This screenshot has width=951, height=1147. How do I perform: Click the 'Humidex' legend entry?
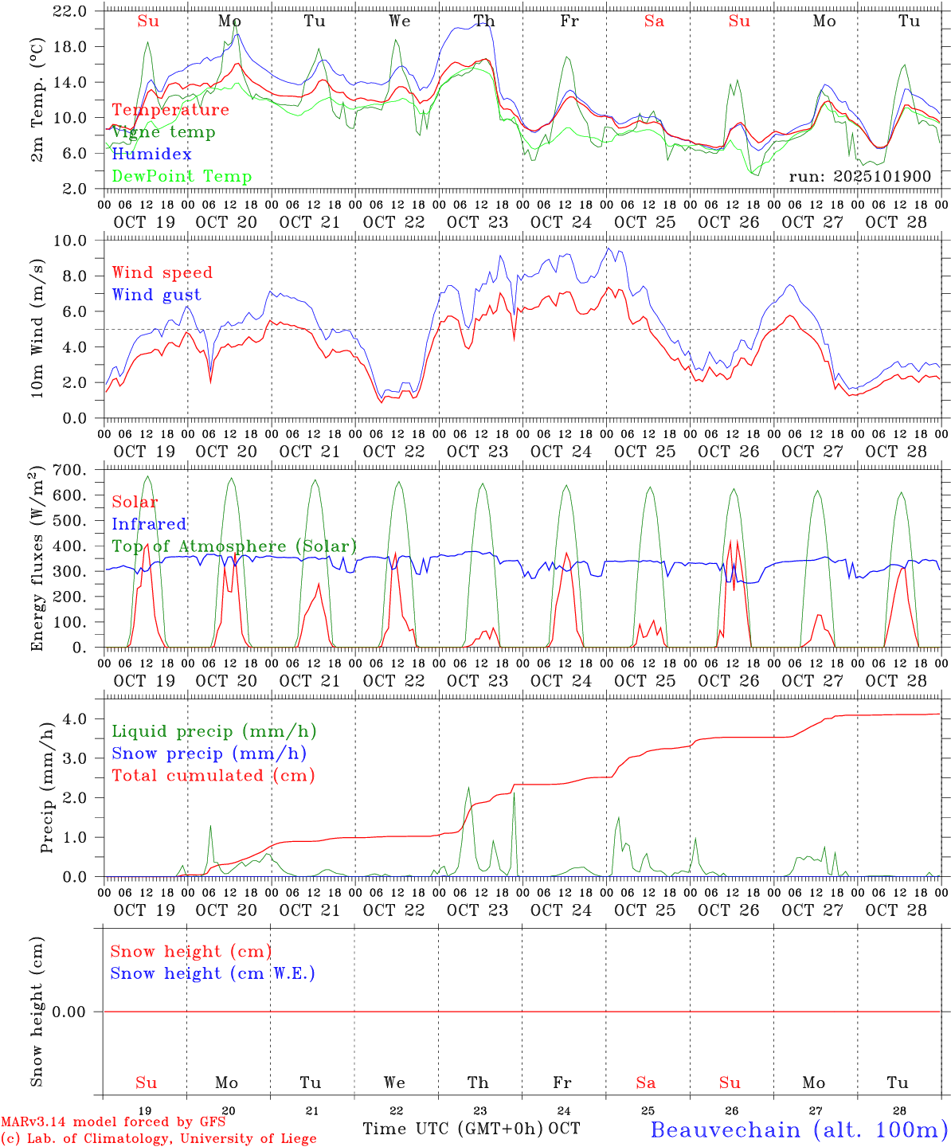point(151,155)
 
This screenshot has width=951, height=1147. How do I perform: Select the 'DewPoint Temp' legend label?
point(182,177)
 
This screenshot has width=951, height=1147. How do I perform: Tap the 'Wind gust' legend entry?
point(156,295)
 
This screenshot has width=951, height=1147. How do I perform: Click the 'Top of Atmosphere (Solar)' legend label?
point(234,546)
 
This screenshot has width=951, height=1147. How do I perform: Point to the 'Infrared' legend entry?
point(149,524)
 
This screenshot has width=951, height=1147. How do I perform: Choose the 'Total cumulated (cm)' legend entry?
point(213,776)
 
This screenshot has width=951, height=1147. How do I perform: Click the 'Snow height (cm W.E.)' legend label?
point(213,973)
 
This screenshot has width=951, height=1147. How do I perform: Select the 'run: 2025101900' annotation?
point(859,176)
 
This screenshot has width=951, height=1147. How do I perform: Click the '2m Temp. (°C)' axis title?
point(37,99)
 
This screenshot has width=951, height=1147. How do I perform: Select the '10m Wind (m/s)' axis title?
point(37,328)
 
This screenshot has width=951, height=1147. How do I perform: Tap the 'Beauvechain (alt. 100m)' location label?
point(799,1129)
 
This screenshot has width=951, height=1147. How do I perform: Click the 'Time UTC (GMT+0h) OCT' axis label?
point(471,1129)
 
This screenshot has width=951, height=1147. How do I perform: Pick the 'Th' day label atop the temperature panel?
point(483,22)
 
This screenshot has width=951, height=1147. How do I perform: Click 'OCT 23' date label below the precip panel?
point(478,910)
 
